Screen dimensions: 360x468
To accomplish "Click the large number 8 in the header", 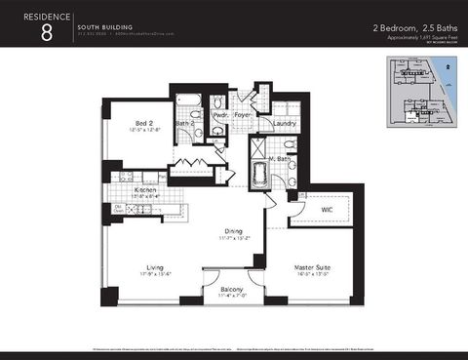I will click(46, 32).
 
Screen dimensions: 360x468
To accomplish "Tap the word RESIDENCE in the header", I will click(46, 15).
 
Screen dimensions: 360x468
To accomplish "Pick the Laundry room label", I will click(286, 124).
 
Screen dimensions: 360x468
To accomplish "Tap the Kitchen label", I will click(146, 191).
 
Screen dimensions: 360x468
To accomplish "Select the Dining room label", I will click(233, 231).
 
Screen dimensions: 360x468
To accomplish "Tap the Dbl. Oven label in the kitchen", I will click(117, 208).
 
